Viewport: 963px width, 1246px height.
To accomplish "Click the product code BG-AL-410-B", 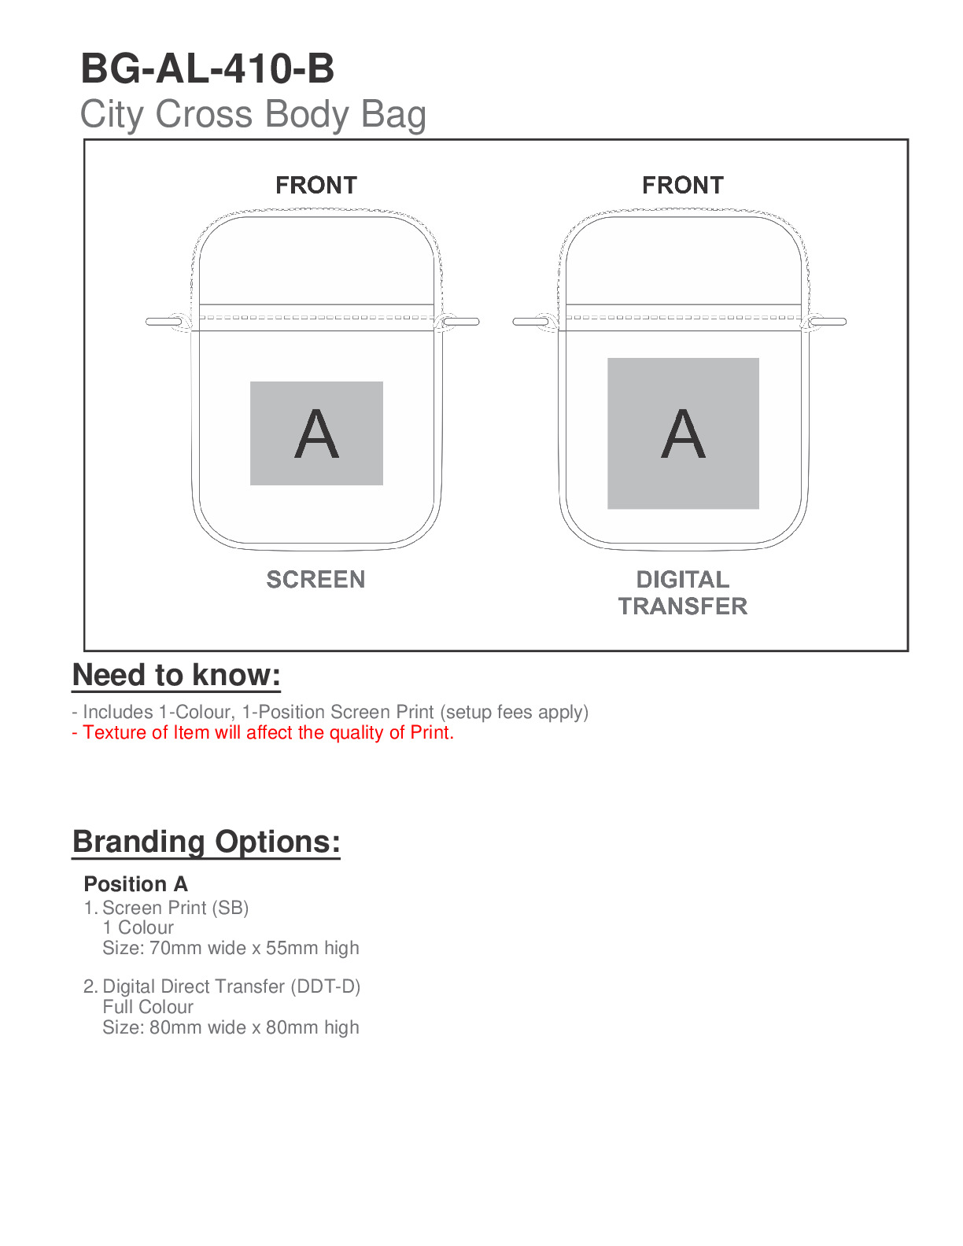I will [208, 68].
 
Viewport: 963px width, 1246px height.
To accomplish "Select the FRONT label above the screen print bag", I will [316, 186].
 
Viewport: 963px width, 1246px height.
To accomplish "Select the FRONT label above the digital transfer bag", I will [683, 186].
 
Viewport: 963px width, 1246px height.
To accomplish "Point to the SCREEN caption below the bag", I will [315, 580].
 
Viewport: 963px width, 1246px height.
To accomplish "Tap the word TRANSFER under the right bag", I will [683, 606].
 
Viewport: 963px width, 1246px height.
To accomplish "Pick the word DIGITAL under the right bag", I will [683, 580].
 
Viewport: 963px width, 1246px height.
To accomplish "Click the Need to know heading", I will [176, 676].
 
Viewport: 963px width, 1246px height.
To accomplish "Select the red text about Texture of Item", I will [263, 732].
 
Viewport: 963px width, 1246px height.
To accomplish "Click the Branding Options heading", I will [206, 842].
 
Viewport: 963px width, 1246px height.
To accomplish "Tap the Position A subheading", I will [135, 884].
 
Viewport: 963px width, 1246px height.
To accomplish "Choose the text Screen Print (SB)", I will [175, 908].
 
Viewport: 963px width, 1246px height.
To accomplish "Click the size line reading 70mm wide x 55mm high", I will [231, 948].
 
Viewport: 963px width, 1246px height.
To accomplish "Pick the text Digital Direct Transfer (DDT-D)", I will [231, 986].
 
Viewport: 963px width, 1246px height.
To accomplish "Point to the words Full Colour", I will [148, 1007].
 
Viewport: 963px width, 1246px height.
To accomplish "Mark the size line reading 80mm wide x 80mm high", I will [231, 1027].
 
